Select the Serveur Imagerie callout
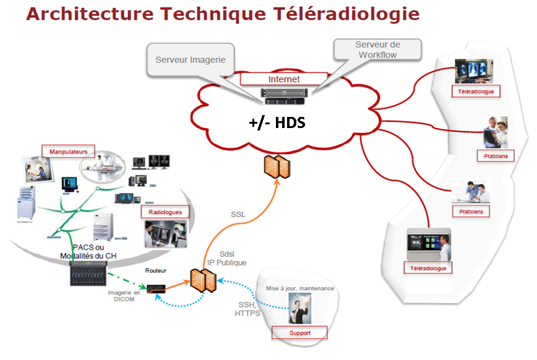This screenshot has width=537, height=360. click(190, 60)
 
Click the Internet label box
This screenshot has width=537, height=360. click(284, 79)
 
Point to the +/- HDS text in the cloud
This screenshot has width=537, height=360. click(278, 122)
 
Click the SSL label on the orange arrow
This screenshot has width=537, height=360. click(238, 215)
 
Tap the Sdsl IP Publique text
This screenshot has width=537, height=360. click(233, 259)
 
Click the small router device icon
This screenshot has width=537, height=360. click(155, 288)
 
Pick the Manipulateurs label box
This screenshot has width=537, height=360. click(68, 150)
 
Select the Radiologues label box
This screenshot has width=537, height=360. click(165, 212)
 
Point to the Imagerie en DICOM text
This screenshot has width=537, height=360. click(124, 296)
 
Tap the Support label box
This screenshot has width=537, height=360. click(299, 333)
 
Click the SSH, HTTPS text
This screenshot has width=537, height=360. click(247, 309)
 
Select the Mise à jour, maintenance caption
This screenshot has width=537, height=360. click(300, 288)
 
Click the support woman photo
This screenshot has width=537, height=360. click(300, 309)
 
